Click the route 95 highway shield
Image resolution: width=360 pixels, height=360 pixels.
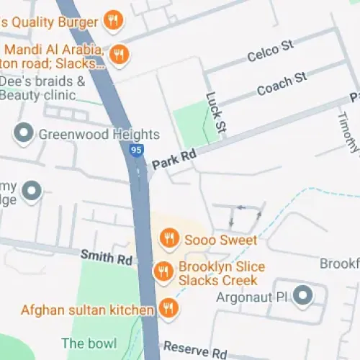pos(137,150)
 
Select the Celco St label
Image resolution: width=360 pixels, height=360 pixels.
pos(271,51)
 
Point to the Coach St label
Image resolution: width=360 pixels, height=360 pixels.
pos(282,84)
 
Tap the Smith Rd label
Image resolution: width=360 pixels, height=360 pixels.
pos(107,255)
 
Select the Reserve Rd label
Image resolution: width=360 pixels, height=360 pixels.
pos(194,351)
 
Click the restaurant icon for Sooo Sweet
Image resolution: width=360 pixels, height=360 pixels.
pos(168,237)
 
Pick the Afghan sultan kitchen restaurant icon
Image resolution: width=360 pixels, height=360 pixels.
pos(168,309)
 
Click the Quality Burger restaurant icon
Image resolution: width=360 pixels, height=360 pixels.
pos(112,20)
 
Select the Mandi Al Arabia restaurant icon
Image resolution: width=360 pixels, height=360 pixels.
pos(119,55)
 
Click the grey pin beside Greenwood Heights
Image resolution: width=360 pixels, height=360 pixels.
pos(24,133)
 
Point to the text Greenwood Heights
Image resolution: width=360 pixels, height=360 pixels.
pos(98,135)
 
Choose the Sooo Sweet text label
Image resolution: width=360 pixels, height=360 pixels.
pos(220,239)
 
